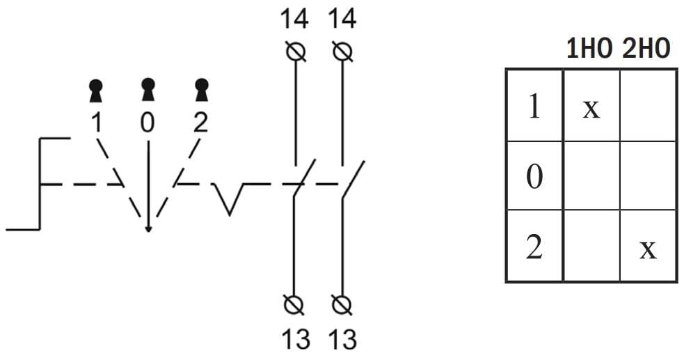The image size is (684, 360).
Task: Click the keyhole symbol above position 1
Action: coord(96,91)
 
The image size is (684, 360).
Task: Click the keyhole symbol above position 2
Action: coord(200,91)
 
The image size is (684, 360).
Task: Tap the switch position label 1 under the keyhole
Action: coord(96,123)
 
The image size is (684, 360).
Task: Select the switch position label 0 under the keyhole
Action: coord(148,123)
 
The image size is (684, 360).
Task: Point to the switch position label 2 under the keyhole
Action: coord(200,123)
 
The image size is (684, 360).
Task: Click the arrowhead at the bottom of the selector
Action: coord(148,228)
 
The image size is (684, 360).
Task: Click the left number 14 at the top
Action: coord(295,19)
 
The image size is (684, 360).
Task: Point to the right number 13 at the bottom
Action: coord(342,339)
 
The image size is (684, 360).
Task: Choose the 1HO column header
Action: coord(590,49)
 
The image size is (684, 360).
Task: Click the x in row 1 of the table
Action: coord(591,108)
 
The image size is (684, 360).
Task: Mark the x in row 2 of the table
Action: coord(648,249)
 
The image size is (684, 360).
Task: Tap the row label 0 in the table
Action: coord(534,177)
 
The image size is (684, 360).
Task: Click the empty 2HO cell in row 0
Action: coord(648,176)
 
